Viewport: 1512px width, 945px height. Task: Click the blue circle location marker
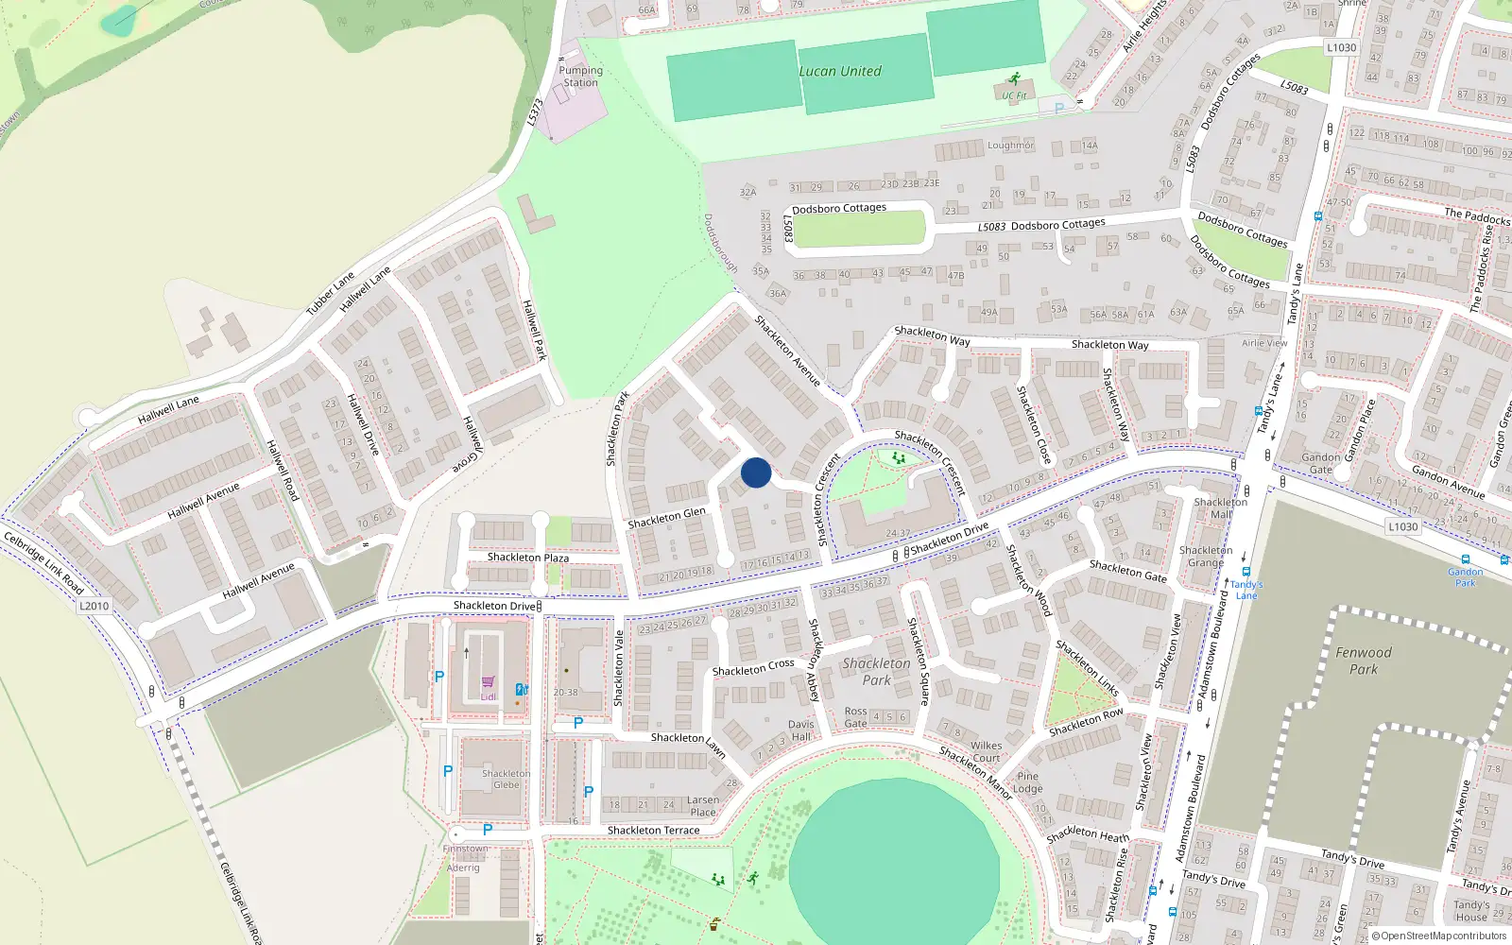pyautogui.click(x=756, y=472)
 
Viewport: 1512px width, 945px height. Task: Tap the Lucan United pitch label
pyautogui.click(x=840, y=71)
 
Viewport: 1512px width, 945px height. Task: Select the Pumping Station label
pyautogui.click(x=580, y=77)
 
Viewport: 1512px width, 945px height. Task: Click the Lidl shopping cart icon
pyautogui.click(x=489, y=682)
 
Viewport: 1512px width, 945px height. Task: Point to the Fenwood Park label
pyautogui.click(x=1363, y=661)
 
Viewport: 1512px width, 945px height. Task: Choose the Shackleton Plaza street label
pyautogui.click(x=528, y=558)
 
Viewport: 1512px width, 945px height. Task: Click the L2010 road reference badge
pyautogui.click(x=94, y=606)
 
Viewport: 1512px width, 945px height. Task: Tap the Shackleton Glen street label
pyautogui.click(x=666, y=518)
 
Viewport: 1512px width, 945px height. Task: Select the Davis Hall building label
pyautogui.click(x=800, y=730)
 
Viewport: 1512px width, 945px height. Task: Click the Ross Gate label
pyautogui.click(x=856, y=717)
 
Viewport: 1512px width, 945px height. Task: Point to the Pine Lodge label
pyautogui.click(x=1027, y=782)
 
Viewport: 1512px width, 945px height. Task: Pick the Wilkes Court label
pyautogui.click(x=986, y=751)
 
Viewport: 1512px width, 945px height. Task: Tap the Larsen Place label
pyautogui.click(x=702, y=805)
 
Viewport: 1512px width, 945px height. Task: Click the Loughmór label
pyautogui.click(x=1010, y=146)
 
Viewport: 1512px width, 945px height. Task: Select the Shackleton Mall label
pyautogui.click(x=1220, y=508)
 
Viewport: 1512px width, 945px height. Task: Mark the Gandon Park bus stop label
pyautogui.click(x=1465, y=576)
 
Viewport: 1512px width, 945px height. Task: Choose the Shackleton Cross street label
pyautogui.click(x=753, y=667)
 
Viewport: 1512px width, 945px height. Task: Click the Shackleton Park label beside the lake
pyautogui.click(x=876, y=671)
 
